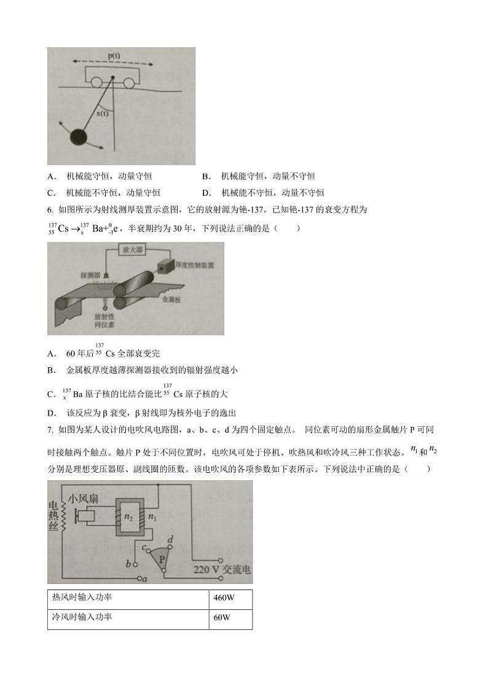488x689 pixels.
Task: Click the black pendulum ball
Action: click(79, 137)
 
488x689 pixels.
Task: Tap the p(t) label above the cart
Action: click(114, 56)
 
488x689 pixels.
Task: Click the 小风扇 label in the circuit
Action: click(83, 499)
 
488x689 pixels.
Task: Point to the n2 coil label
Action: click(128, 518)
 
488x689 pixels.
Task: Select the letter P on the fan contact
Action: click(163, 559)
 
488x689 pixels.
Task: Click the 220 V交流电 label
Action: click(222, 570)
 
